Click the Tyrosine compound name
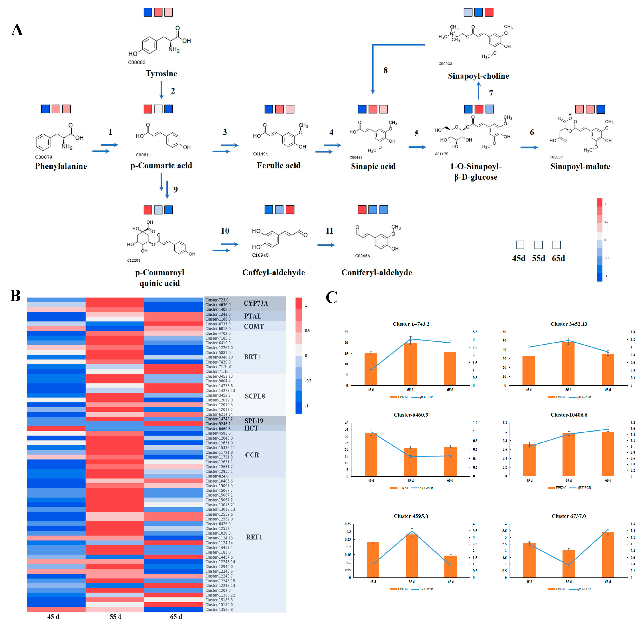click(161, 74)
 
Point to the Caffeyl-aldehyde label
click(273, 272)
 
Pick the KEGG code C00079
click(44, 157)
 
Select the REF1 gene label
click(254, 537)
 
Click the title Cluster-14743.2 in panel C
click(411, 324)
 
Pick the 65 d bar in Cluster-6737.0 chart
click(608, 555)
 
